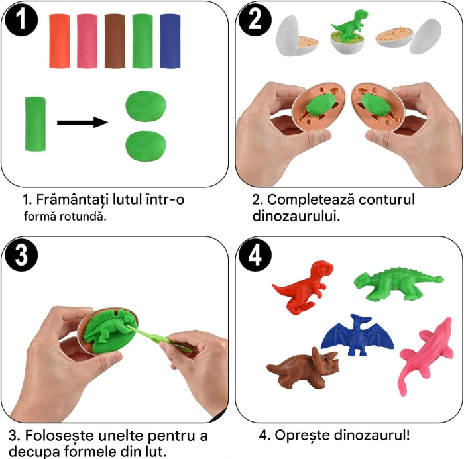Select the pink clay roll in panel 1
click(x=87, y=41)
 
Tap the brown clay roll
click(x=115, y=41)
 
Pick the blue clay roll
click(x=171, y=41)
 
